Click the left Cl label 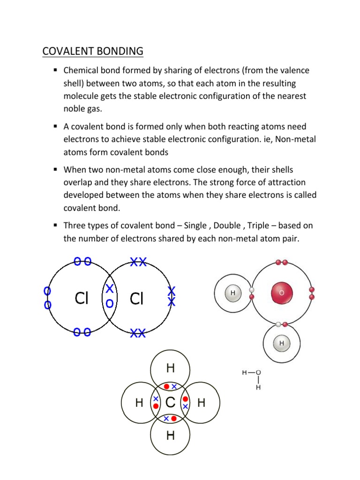[x=82, y=298]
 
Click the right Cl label [x=136, y=298]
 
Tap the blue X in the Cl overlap [x=110, y=288]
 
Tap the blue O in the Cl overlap [x=110, y=303]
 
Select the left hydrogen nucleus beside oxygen [x=233, y=293]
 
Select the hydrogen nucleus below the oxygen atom [x=282, y=343]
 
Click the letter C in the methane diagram [x=171, y=402]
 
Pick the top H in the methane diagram [x=171, y=369]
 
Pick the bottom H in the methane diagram [x=171, y=435]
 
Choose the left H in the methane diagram [x=139, y=403]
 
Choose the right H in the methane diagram [x=202, y=403]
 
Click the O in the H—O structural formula [x=258, y=373]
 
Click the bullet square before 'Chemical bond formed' [x=55, y=70]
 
